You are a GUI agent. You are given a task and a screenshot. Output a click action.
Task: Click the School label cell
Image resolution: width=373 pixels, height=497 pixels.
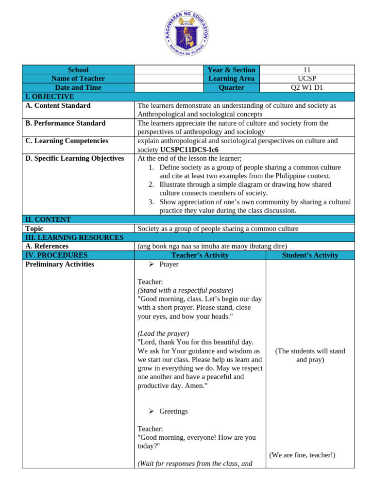78,70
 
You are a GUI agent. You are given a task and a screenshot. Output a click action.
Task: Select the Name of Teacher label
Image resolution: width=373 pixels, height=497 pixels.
78,79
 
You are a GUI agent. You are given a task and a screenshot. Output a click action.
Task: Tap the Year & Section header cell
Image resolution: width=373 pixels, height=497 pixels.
231,70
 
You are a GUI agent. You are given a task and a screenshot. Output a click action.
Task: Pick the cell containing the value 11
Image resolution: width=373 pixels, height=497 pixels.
306,70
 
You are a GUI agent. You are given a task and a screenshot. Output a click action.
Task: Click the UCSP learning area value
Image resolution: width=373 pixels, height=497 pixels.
306,79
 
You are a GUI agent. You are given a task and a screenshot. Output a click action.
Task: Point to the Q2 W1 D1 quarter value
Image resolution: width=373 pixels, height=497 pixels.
306,87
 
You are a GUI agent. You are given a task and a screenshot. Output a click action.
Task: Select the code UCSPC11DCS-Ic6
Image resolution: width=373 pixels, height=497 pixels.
189,149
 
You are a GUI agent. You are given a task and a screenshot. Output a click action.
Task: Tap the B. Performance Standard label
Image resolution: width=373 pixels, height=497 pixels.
65,123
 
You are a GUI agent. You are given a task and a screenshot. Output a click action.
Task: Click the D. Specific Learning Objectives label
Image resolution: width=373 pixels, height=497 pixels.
74,158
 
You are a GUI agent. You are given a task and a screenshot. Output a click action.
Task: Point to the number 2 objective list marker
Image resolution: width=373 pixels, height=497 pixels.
152,184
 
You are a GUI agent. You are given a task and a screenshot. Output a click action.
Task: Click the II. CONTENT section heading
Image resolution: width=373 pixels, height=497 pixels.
48,219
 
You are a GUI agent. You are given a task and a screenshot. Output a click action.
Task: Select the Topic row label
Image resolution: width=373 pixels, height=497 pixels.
34,229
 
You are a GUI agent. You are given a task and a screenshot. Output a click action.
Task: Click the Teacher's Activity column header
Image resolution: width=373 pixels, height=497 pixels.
200,255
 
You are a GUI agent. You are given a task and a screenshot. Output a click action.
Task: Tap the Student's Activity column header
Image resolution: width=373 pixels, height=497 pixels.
310,255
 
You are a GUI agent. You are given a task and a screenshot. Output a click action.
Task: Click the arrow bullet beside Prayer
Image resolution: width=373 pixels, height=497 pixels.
151,264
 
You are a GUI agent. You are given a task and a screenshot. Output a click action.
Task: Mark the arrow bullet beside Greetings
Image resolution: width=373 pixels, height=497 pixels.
151,411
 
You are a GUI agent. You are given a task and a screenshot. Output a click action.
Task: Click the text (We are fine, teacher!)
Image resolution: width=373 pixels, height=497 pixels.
302,455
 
